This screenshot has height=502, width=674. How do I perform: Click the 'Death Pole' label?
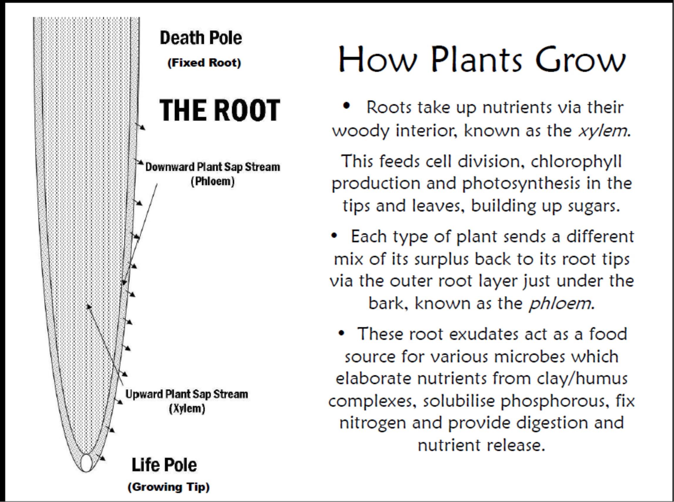click(201, 38)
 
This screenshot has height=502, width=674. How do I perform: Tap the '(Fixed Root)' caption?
click(204, 63)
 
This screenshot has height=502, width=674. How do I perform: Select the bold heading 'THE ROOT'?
click(219, 110)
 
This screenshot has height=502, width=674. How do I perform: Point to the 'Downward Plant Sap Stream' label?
click(213, 167)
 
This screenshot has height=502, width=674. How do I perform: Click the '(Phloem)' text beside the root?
click(213, 182)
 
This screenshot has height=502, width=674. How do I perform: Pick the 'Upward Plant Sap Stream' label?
click(187, 394)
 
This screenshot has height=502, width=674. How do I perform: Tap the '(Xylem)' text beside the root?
click(187, 408)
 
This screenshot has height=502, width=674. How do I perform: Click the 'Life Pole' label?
click(164, 465)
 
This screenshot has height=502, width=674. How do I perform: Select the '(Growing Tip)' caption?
click(169, 487)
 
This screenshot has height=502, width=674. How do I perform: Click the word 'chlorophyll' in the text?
click(576, 161)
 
